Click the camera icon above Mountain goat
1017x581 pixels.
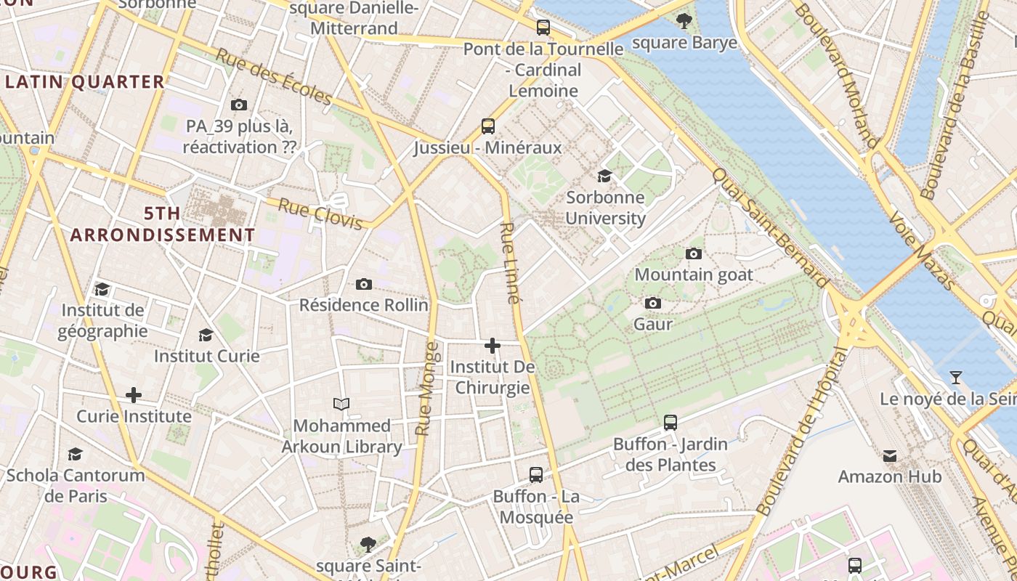pyautogui.click(x=694, y=253)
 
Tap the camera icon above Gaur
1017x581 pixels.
pyautogui.click(x=653, y=303)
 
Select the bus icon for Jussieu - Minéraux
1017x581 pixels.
pyautogui.click(x=488, y=126)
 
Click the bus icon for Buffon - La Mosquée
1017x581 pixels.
pyautogui.click(x=536, y=475)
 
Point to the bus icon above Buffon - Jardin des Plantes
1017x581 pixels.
pyautogui.click(x=670, y=423)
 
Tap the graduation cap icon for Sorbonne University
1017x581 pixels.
pyautogui.click(x=604, y=176)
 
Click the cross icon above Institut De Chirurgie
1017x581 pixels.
pyautogui.click(x=493, y=346)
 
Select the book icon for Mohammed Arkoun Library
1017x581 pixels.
pyautogui.click(x=341, y=404)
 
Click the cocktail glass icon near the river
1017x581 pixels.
pyautogui.click(x=956, y=378)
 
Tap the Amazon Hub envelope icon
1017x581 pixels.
pyautogui.click(x=890, y=456)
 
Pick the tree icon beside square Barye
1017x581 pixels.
pyautogui.click(x=684, y=21)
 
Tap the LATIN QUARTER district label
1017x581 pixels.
pyautogui.click(x=85, y=82)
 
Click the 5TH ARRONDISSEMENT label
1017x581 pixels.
pyautogui.click(x=163, y=224)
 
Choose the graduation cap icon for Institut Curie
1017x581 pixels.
pyautogui.click(x=206, y=335)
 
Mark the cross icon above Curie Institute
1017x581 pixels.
pyautogui.click(x=134, y=395)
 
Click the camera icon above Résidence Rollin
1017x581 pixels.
pyautogui.click(x=364, y=284)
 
